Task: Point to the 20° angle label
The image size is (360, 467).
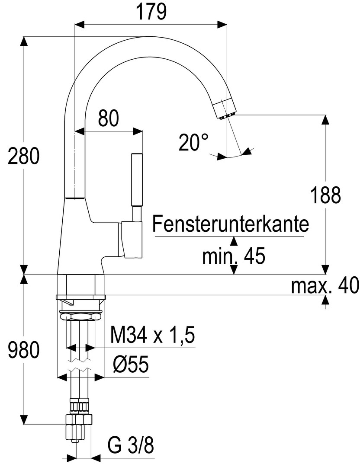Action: (x=193, y=142)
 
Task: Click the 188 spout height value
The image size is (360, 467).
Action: (x=325, y=195)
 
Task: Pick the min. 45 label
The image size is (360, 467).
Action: (x=234, y=257)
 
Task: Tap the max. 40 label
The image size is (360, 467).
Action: (x=325, y=285)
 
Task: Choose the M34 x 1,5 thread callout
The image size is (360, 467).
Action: (x=152, y=335)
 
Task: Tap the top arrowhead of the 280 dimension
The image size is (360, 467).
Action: (x=24, y=41)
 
